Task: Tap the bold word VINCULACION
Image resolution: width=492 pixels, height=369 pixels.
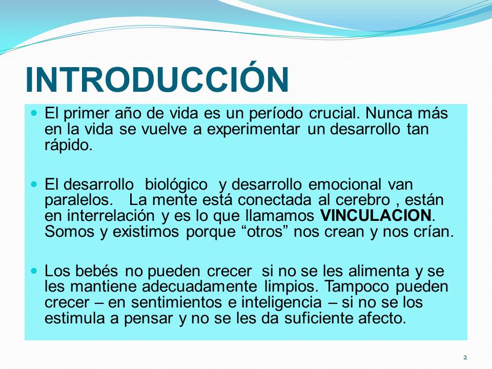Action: click(x=376, y=216)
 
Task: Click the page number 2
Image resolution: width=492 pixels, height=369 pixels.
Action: click(x=465, y=357)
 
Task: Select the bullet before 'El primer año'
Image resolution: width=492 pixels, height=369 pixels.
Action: click(x=34, y=112)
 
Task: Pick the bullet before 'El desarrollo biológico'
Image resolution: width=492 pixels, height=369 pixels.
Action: click(x=34, y=183)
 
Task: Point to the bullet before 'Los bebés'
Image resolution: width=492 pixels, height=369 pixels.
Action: click(x=34, y=270)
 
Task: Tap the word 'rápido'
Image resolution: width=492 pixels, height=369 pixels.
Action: click(x=68, y=146)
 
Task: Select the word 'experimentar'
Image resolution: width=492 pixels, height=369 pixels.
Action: click(x=253, y=130)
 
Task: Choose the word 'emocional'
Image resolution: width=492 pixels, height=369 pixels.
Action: click(x=345, y=184)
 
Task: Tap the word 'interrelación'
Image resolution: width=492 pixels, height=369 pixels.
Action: click(x=111, y=216)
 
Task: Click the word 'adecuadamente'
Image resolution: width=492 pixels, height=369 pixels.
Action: click(x=199, y=287)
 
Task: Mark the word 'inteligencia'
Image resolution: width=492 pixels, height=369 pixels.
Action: click(x=281, y=303)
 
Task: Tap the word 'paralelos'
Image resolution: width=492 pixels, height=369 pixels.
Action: click(x=78, y=200)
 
